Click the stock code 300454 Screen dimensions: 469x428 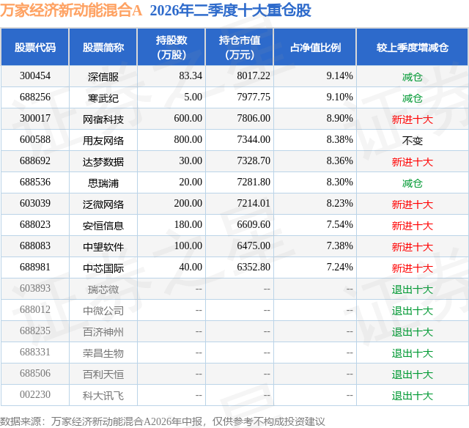pos(35,76)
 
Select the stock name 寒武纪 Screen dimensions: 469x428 pos(103,98)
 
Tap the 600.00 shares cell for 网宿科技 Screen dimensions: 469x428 pos(188,119)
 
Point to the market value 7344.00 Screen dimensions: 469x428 pos(254,140)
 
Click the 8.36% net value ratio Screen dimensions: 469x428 pos(339,161)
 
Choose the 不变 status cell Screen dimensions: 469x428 pos(412,141)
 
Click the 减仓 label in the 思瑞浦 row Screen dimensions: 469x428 pos(412,183)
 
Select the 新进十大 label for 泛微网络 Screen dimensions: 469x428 pos(412,204)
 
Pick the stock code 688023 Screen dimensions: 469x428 pos(35,224)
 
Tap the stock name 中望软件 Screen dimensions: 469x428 pos(103,247)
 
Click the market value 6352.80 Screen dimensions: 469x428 pos(254,267)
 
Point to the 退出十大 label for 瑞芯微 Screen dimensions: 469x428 pos(412,289)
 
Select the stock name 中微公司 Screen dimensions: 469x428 pos(103,311)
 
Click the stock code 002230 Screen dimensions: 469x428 pos(35,394)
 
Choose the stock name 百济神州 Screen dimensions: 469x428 pos(103,332)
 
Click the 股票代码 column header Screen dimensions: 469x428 pos(35,47)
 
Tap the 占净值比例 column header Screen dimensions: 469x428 pos(315,47)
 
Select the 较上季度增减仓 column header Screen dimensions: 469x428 pos(412,47)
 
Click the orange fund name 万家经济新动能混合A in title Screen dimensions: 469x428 pos(71,10)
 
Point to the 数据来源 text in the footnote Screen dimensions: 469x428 pos(21,421)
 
